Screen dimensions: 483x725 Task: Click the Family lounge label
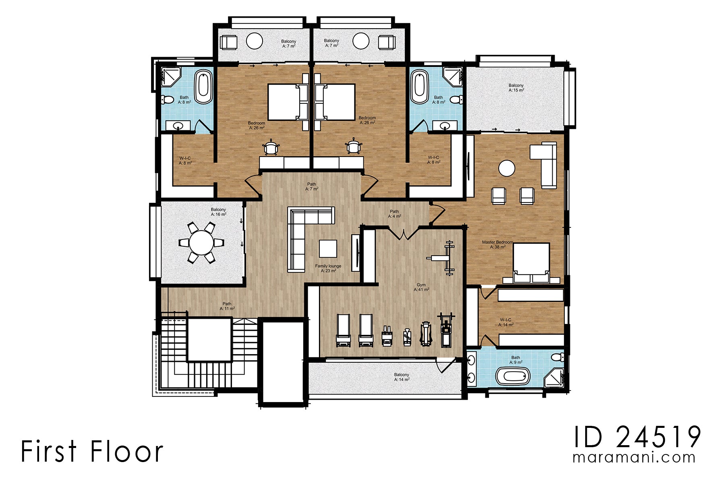[x=328, y=268]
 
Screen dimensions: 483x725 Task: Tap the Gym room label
[x=421, y=287]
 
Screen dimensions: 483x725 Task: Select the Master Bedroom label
[x=497, y=244]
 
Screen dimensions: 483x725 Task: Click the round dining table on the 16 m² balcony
[x=201, y=243]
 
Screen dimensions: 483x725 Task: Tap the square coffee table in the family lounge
[x=328, y=248]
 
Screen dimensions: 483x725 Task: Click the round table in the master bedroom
[x=507, y=168]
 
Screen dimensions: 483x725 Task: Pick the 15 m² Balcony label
[x=516, y=88]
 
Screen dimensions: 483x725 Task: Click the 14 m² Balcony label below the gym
[x=402, y=377]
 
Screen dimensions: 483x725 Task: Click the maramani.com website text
[x=634, y=458]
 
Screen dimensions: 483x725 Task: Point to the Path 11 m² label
[x=227, y=306]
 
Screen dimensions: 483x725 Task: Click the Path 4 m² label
[x=394, y=214]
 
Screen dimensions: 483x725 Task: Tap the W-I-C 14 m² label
[x=505, y=322]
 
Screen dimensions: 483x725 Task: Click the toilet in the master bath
[x=557, y=357]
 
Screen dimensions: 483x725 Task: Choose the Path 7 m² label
[x=311, y=186]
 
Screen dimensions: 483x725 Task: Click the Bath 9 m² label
[x=516, y=360]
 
